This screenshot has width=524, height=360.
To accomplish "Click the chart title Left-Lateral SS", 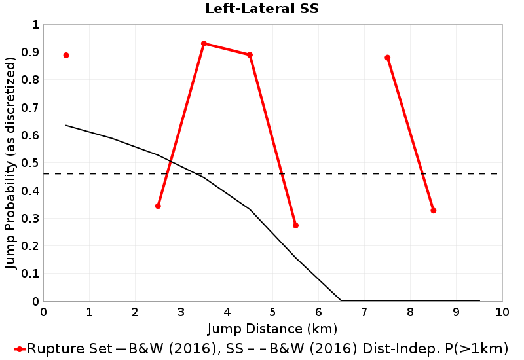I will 262,9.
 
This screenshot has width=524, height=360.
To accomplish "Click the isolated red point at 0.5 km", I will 66,55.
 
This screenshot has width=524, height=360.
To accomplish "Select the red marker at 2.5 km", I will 158,206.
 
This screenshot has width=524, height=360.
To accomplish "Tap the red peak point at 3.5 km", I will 204,44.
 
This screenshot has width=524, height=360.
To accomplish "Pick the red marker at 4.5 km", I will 250,55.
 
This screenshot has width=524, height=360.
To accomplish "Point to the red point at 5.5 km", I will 295,225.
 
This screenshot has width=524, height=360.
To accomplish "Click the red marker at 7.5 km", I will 387,58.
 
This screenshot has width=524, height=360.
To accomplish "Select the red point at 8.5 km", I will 433,211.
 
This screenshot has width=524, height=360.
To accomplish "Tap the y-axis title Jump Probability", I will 10,162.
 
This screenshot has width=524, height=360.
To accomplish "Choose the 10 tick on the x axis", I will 502,312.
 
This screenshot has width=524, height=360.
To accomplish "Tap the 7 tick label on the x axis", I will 364,312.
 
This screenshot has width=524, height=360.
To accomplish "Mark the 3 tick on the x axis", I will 181,312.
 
